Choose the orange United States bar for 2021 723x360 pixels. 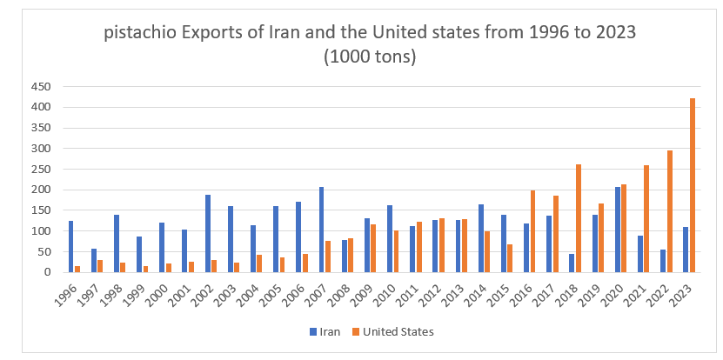[x=647, y=218]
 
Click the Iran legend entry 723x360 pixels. [x=323, y=331]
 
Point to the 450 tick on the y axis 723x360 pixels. [x=41, y=86]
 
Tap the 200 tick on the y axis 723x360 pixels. [x=41, y=190]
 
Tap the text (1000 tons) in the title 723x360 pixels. [x=370, y=58]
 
